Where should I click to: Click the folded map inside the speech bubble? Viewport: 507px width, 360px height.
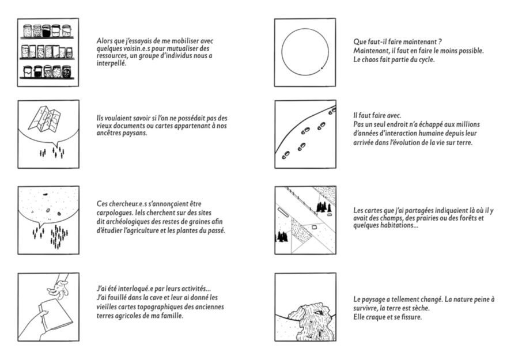point(49,120)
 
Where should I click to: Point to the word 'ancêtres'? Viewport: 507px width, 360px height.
point(111,133)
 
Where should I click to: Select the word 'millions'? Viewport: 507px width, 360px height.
point(468,124)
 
